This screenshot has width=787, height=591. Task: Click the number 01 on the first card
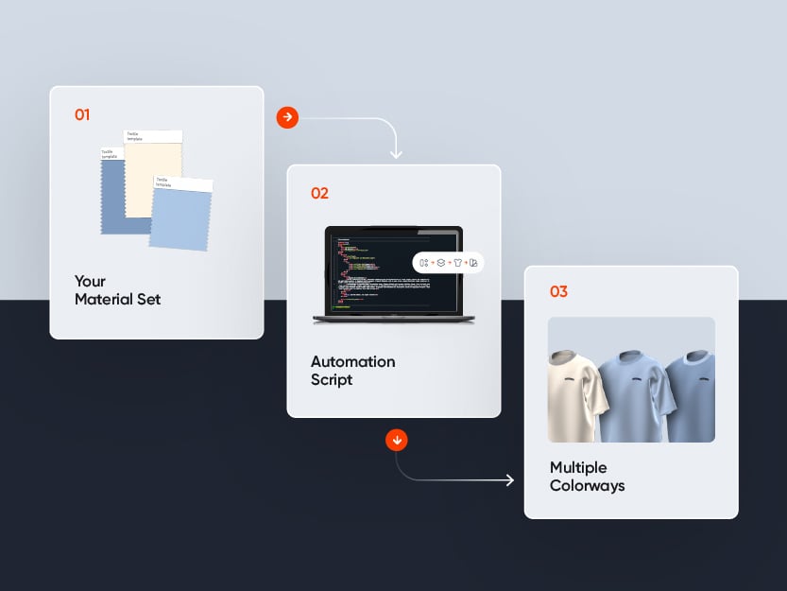click(82, 114)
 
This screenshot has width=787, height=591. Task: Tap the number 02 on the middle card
click(319, 193)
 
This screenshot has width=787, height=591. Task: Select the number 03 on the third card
click(558, 291)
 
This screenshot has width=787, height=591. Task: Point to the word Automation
click(352, 361)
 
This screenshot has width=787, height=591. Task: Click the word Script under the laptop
click(332, 379)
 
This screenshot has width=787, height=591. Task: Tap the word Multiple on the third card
click(578, 467)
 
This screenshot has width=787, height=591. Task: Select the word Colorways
click(587, 486)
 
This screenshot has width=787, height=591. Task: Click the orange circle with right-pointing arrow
click(287, 117)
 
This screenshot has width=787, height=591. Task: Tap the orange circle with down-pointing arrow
click(397, 440)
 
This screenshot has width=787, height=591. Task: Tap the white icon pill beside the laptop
click(449, 262)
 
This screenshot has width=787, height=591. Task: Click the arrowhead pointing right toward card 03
click(509, 480)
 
